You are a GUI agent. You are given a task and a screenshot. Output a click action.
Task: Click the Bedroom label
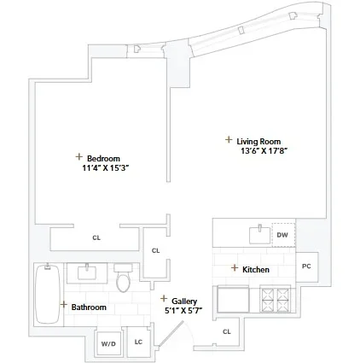click(x=102, y=158)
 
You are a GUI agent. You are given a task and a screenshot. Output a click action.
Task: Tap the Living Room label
click(x=259, y=141)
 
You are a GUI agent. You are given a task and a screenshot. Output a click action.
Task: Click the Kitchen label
click(x=256, y=270)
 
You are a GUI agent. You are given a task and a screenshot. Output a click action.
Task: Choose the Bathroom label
click(x=88, y=306)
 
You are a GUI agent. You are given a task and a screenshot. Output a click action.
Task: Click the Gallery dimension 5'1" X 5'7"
click(x=183, y=310)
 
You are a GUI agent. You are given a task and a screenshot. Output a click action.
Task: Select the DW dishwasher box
click(x=282, y=234)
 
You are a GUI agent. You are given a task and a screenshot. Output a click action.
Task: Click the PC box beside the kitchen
click(x=306, y=266)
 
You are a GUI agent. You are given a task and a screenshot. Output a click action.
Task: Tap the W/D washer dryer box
click(x=108, y=343)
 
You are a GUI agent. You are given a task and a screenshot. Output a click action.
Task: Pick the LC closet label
click(x=138, y=343)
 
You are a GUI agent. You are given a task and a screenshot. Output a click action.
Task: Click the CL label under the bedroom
click(x=96, y=238)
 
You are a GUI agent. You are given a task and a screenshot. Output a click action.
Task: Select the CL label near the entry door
click(x=226, y=331)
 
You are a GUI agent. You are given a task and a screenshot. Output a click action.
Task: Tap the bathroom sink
click(x=87, y=272)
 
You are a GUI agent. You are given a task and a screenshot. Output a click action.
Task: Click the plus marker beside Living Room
click(x=228, y=139)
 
